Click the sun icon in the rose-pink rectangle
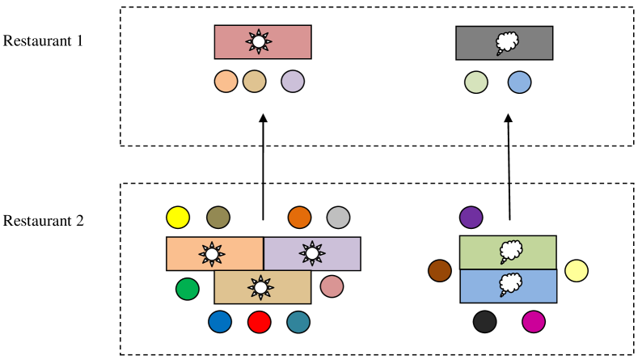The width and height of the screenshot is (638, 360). [x=259, y=41]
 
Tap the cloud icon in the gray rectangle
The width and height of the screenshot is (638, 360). [x=507, y=42]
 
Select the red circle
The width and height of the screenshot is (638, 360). [x=260, y=322]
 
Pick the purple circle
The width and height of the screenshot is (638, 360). [x=471, y=218]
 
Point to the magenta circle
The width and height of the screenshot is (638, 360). [x=534, y=322]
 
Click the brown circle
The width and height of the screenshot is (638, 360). [x=440, y=271]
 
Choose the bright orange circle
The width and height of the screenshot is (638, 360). [x=300, y=218]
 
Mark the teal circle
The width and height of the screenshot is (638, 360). [x=298, y=322]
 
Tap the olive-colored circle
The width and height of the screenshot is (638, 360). [x=218, y=218]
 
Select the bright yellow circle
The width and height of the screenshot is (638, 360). [x=178, y=218]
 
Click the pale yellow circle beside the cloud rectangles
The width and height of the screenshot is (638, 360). [x=577, y=271]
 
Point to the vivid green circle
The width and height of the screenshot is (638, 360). [x=188, y=289]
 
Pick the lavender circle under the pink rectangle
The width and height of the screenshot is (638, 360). [x=293, y=82]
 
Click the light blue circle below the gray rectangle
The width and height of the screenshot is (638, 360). [x=520, y=83]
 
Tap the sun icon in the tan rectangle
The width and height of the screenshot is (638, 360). [x=260, y=287]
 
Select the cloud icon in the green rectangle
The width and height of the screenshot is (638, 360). [x=511, y=251]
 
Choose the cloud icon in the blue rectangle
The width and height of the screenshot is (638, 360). [x=511, y=284]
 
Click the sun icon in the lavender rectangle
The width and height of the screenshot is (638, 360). [x=312, y=253]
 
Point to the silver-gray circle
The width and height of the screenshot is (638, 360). [x=339, y=218]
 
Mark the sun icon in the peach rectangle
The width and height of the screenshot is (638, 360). [x=212, y=254]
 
